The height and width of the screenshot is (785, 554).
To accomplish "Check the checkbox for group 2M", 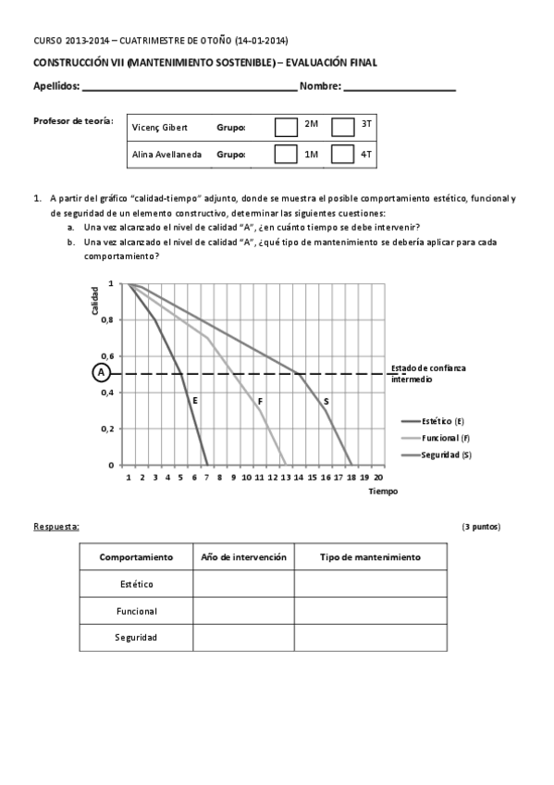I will click(287, 126).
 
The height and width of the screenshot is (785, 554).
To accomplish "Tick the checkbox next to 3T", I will click(343, 126).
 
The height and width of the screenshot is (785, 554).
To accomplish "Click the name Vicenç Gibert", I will click(161, 126).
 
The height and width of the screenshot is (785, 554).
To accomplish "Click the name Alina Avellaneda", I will click(166, 155).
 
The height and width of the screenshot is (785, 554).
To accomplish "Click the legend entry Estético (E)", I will click(442, 421).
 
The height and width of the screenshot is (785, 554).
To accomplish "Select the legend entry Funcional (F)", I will click(444, 438).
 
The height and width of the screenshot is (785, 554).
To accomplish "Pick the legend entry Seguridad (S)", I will click(445, 455).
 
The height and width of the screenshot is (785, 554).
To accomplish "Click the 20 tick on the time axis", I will click(378, 478).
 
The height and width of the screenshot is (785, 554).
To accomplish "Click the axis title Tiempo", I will click(382, 492).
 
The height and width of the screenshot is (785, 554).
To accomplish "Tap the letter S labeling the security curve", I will click(326, 401).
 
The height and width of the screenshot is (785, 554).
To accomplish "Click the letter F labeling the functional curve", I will click(260, 401).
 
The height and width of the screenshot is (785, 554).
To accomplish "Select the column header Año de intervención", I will click(243, 557).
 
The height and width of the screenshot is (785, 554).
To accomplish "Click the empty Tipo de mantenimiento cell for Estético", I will click(370, 584).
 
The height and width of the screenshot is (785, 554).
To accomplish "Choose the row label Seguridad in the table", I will click(136, 638).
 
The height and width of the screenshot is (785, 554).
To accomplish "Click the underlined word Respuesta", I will click(55, 526).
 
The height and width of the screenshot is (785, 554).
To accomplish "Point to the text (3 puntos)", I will click(481, 526).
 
